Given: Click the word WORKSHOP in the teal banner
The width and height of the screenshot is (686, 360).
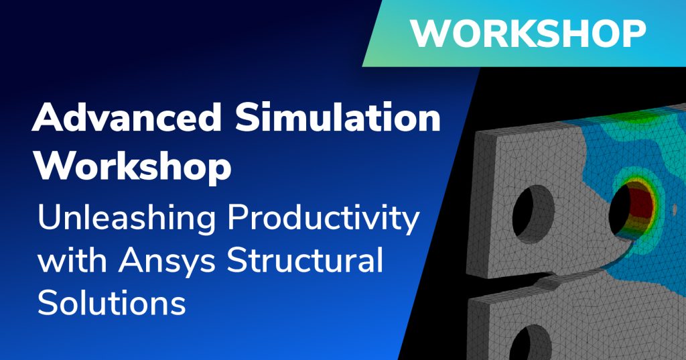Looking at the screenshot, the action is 528,34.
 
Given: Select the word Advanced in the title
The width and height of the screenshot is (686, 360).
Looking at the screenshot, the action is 127,117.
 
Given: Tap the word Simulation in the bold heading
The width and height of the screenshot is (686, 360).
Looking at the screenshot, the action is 338,117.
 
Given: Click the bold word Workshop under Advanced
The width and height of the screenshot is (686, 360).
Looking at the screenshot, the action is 133,168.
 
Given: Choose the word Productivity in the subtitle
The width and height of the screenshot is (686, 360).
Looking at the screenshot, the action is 324,219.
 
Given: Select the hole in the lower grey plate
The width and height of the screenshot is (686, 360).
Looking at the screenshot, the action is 530,344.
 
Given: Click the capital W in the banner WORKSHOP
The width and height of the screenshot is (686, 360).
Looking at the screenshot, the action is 430,34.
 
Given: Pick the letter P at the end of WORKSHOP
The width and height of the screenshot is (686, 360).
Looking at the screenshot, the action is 635,34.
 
